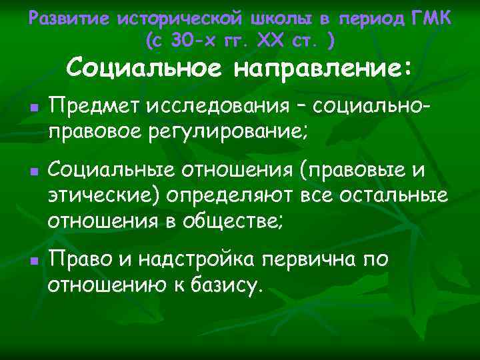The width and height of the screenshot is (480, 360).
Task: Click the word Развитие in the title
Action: (69, 19)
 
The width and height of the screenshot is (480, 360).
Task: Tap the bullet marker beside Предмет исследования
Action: (33, 107)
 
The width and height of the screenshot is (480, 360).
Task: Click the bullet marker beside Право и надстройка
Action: (33, 259)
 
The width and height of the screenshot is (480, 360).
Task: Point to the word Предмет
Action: (91, 105)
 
